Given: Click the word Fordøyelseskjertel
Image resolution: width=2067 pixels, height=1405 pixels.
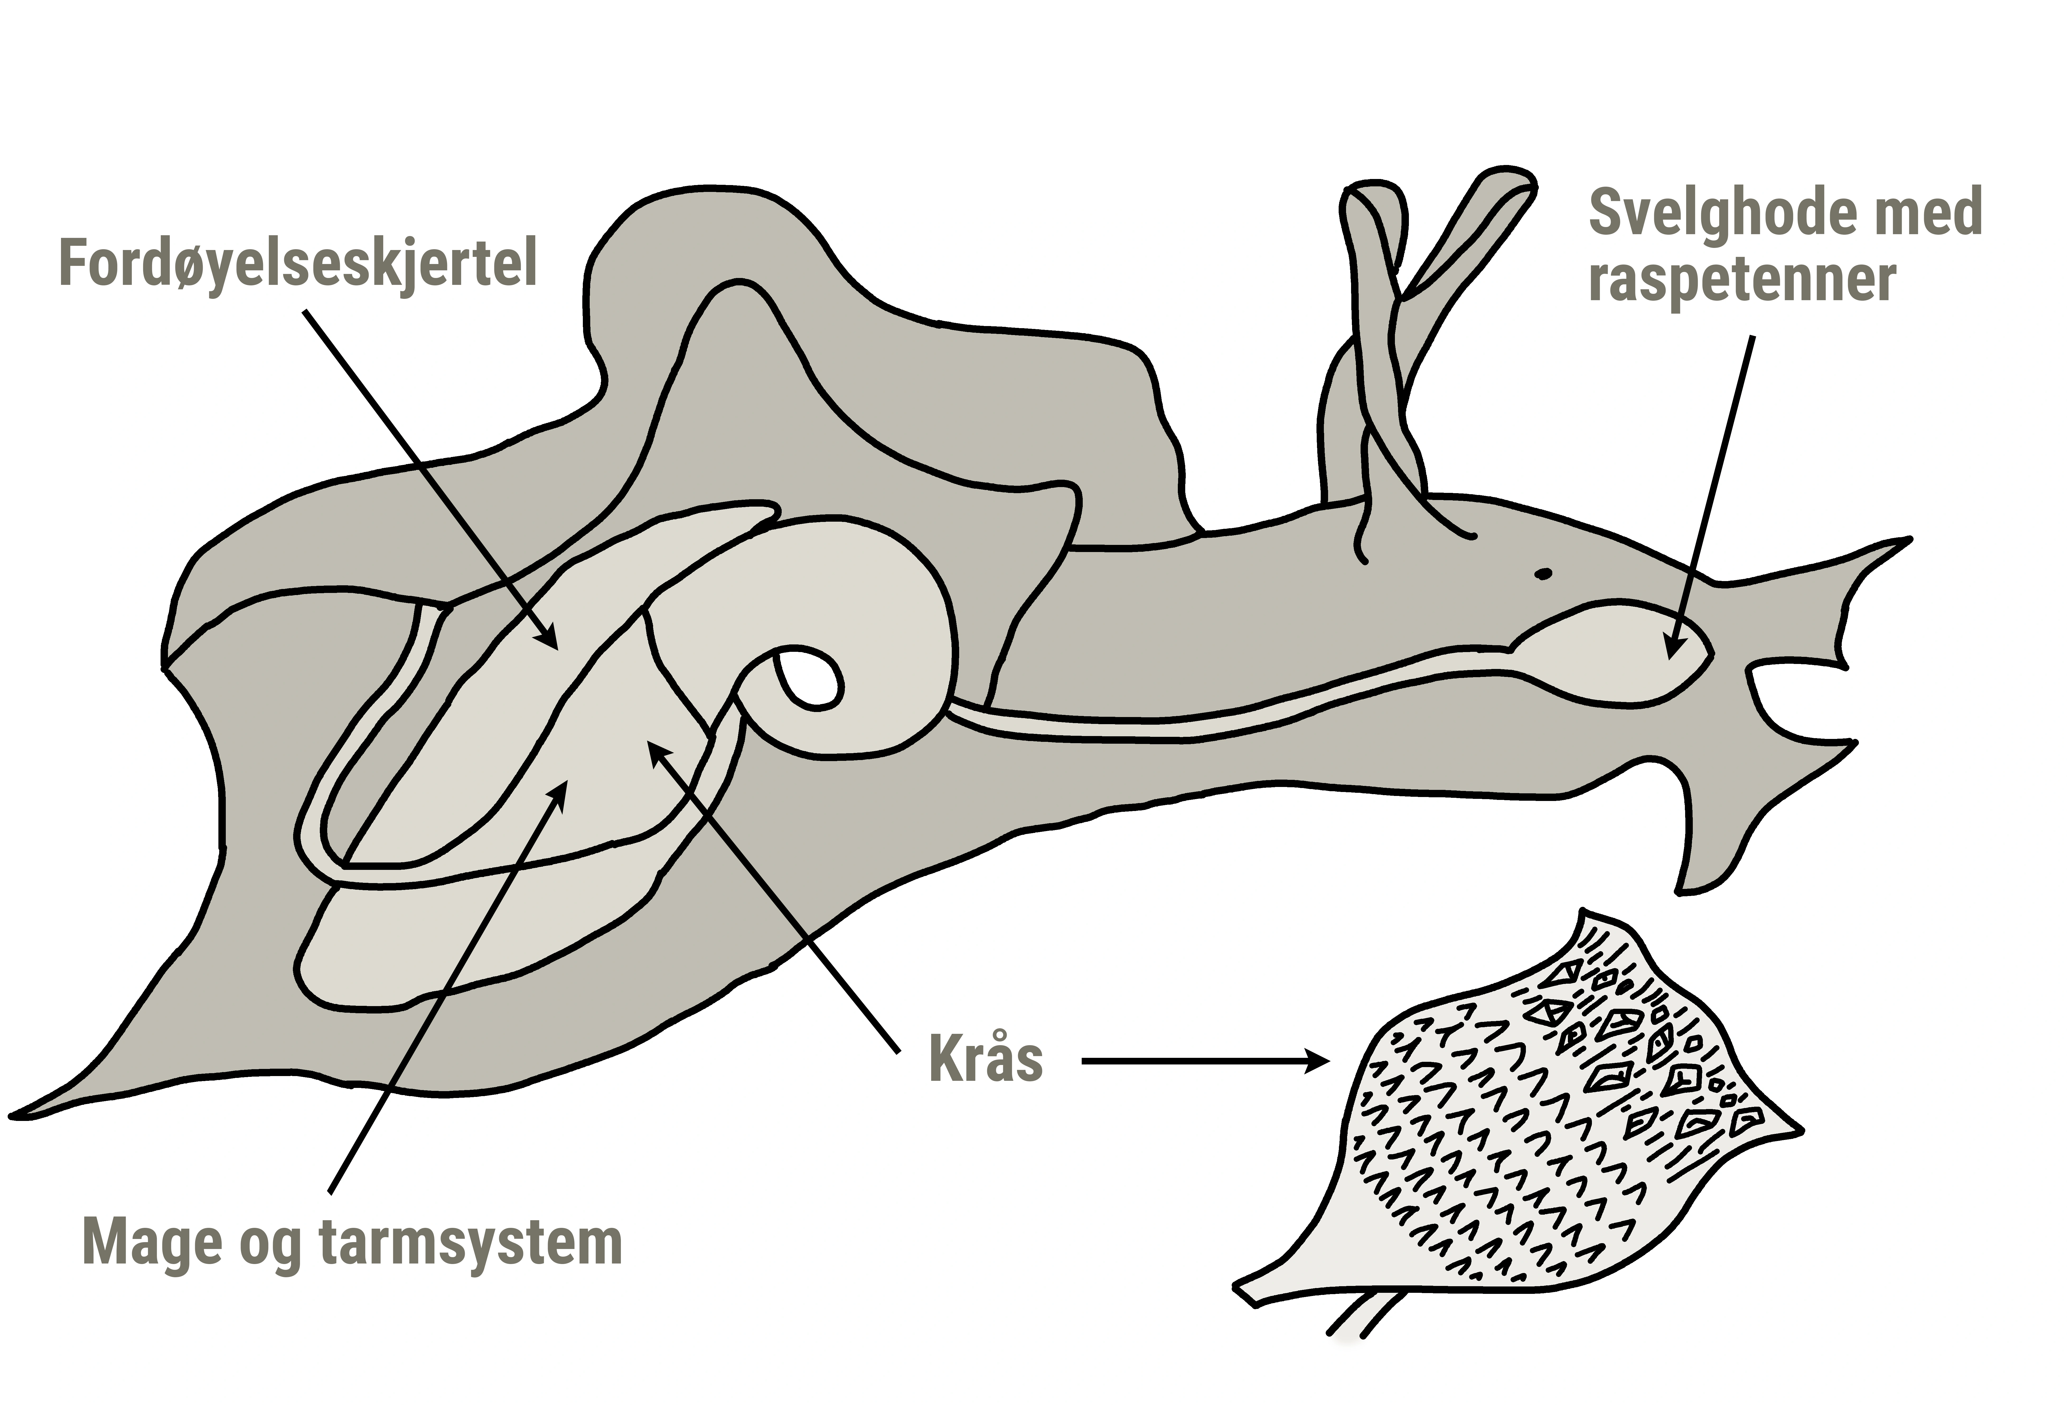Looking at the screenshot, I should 298,263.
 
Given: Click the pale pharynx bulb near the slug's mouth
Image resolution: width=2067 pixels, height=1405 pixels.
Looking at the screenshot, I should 1610,654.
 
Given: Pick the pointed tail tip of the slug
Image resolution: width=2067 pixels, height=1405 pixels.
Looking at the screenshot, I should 16,1114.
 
